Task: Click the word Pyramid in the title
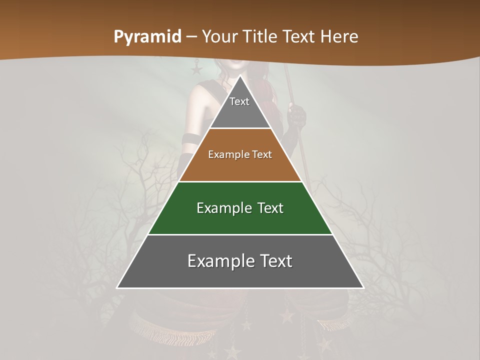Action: [x=147, y=37]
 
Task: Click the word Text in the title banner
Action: [x=300, y=37]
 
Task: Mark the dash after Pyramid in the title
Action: [x=191, y=37]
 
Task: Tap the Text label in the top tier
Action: [x=239, y=101]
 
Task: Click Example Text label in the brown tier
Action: [x=240, y=154]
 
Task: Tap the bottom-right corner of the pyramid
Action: [x=363, y=287]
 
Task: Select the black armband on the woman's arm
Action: [x=190, y=139]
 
